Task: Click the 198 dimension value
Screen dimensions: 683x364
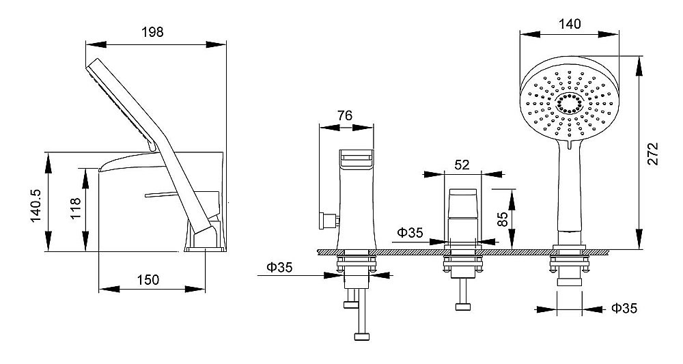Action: [x=152, y=32]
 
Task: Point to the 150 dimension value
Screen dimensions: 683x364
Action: [x=148, y=279]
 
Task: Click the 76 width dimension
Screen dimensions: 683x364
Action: [x=344, y=115]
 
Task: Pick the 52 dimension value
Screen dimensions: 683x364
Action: [x=462, y=165]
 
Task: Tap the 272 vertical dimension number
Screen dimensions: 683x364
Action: [x=654, y=153]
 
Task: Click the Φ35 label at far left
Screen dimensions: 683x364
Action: [x=279, y=267]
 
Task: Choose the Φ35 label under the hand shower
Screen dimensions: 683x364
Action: [x=624, y=308]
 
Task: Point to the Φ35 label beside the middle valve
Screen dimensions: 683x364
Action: [x=410, y=232]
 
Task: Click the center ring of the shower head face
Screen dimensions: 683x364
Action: [x=569, y=104]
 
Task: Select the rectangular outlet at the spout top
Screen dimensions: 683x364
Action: [x=357, y=158]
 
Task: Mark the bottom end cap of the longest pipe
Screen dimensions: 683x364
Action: [x=362, y=337]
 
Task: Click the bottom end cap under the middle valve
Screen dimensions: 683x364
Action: [x=462, y=307]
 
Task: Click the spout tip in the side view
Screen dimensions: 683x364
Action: [x=101, y=169]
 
